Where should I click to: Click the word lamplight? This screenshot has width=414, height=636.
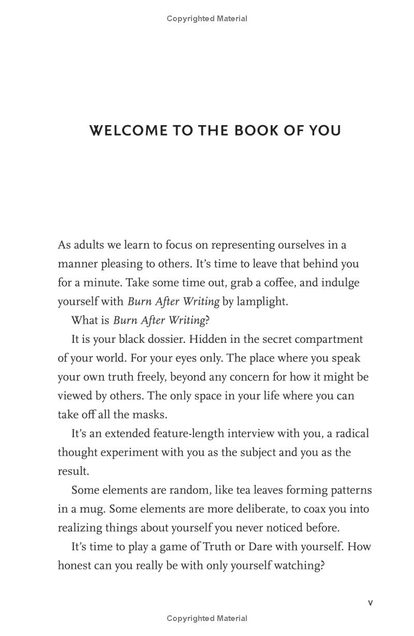(x=262, y=301)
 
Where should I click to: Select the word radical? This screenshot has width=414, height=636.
(x=351, y=433)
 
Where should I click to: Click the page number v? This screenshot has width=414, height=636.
(x=370, y=602)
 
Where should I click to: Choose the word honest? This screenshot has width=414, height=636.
(x=75, y=566)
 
